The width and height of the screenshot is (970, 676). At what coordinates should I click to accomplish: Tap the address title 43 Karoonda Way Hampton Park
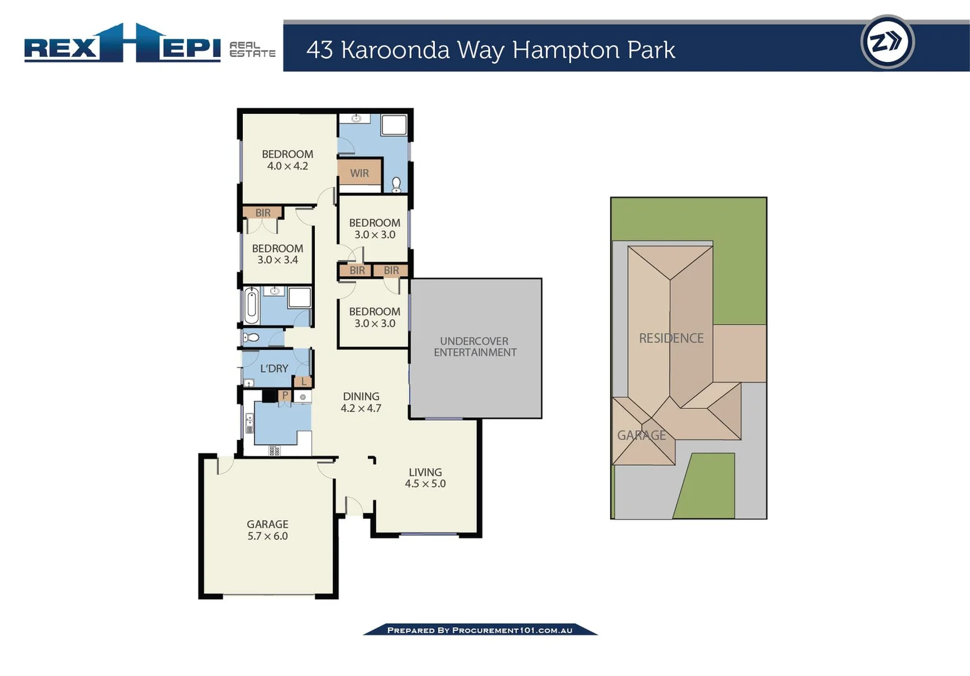[x=490, y=50]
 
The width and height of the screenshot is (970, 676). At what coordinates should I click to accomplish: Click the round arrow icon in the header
[x=887, y=42]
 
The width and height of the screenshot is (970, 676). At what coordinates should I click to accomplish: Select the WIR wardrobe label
[x=359, y=173]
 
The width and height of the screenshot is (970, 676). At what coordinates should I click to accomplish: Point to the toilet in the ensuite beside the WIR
[x=396, y=184]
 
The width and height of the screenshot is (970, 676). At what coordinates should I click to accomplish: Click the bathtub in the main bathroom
[x=252, y=305]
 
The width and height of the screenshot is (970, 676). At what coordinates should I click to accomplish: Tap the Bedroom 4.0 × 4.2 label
[x=287, y=160]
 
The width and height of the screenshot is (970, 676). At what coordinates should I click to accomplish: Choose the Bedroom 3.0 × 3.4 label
[x=277, y=254]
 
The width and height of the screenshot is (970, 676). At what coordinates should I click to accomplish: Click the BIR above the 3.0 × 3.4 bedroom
[x=263, y=213]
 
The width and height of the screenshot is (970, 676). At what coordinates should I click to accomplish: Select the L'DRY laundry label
[x=274, y=369]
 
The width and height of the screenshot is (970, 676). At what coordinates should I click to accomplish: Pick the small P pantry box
[x=285, y=396]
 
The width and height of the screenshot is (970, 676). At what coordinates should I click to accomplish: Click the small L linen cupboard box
[x=304, y=381]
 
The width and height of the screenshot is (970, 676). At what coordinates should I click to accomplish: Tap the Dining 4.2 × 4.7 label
[x=361, y=402]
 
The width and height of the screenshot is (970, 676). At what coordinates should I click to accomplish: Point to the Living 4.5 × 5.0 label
[x=425, y=478]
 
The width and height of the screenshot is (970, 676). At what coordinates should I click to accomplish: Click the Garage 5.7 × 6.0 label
[x=267, y=530]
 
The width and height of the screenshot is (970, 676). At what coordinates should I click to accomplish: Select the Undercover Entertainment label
[x=475, y=347]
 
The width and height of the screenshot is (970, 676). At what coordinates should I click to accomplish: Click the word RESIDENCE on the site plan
[x=671, y=339]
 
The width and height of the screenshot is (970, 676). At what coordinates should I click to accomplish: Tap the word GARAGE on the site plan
[x=641, y=436]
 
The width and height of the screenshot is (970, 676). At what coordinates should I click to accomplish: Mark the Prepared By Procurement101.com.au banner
[x=480, y=630]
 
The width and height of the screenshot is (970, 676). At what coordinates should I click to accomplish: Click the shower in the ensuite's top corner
[x=394, y=125]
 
